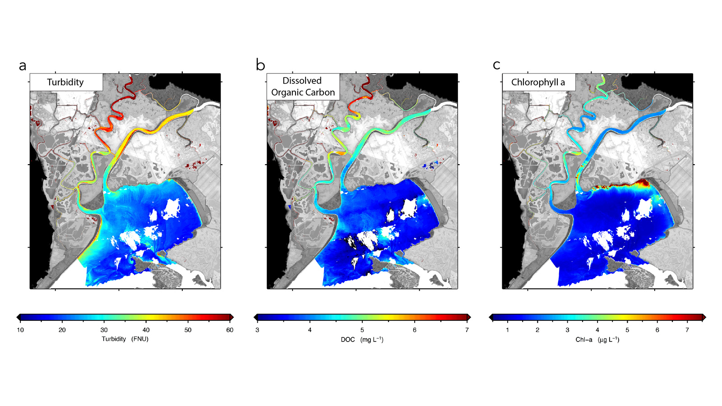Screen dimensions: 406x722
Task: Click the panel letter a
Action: pos(23,66)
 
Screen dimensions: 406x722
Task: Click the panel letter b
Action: pos(260,65)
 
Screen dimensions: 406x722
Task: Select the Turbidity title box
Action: pos(66,82)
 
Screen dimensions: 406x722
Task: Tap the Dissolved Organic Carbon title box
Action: pos(303,87)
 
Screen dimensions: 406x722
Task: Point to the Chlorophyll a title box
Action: pos(538,82)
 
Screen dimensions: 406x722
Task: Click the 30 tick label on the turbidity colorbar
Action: pos(104,330)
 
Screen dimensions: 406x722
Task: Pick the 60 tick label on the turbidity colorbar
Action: pos(230,330)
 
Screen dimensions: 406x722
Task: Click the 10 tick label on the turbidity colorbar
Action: pos(20,330)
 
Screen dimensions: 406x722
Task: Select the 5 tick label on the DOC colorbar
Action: pos(362,330)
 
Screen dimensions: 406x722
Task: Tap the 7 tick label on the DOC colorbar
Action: pos(467,330)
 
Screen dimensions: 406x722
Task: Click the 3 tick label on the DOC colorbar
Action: pos(257,330)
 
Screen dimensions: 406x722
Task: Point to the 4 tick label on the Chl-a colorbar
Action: pos(597,330)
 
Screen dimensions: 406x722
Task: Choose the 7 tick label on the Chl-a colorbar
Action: pos(687,330)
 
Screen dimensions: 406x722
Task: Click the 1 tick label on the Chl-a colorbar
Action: pos(508,330)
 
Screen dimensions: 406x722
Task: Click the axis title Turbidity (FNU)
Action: pos(125,339)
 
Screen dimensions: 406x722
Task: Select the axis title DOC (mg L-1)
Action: pos(362,340)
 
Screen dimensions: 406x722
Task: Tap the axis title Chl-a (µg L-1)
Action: pos(597,340)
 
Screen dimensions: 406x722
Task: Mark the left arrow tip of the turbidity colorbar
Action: pos(17,317)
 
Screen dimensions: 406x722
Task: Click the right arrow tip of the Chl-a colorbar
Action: pos(705,318)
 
